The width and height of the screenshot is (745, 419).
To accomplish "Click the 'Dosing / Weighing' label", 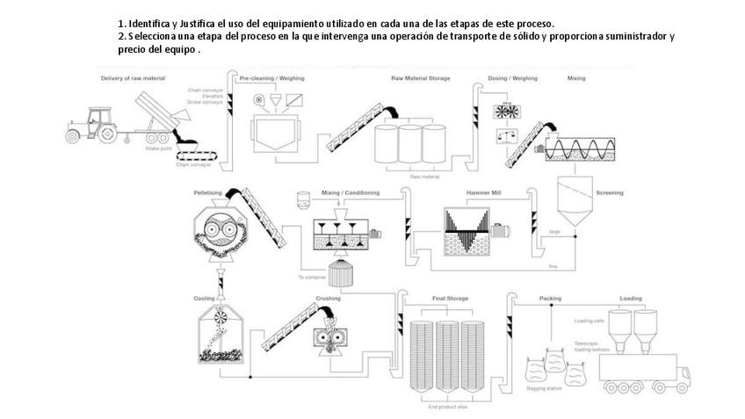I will [511, 78].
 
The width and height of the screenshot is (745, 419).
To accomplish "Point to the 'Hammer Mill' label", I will [484, 191].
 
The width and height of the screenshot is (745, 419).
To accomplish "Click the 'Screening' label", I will [609, 191].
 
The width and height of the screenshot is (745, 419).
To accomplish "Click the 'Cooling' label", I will [204, 299].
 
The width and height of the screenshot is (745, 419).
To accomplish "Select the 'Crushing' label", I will [328, 299].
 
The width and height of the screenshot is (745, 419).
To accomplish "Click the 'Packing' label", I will [551, 299].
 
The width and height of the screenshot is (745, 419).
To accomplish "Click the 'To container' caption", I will [312, 278].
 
